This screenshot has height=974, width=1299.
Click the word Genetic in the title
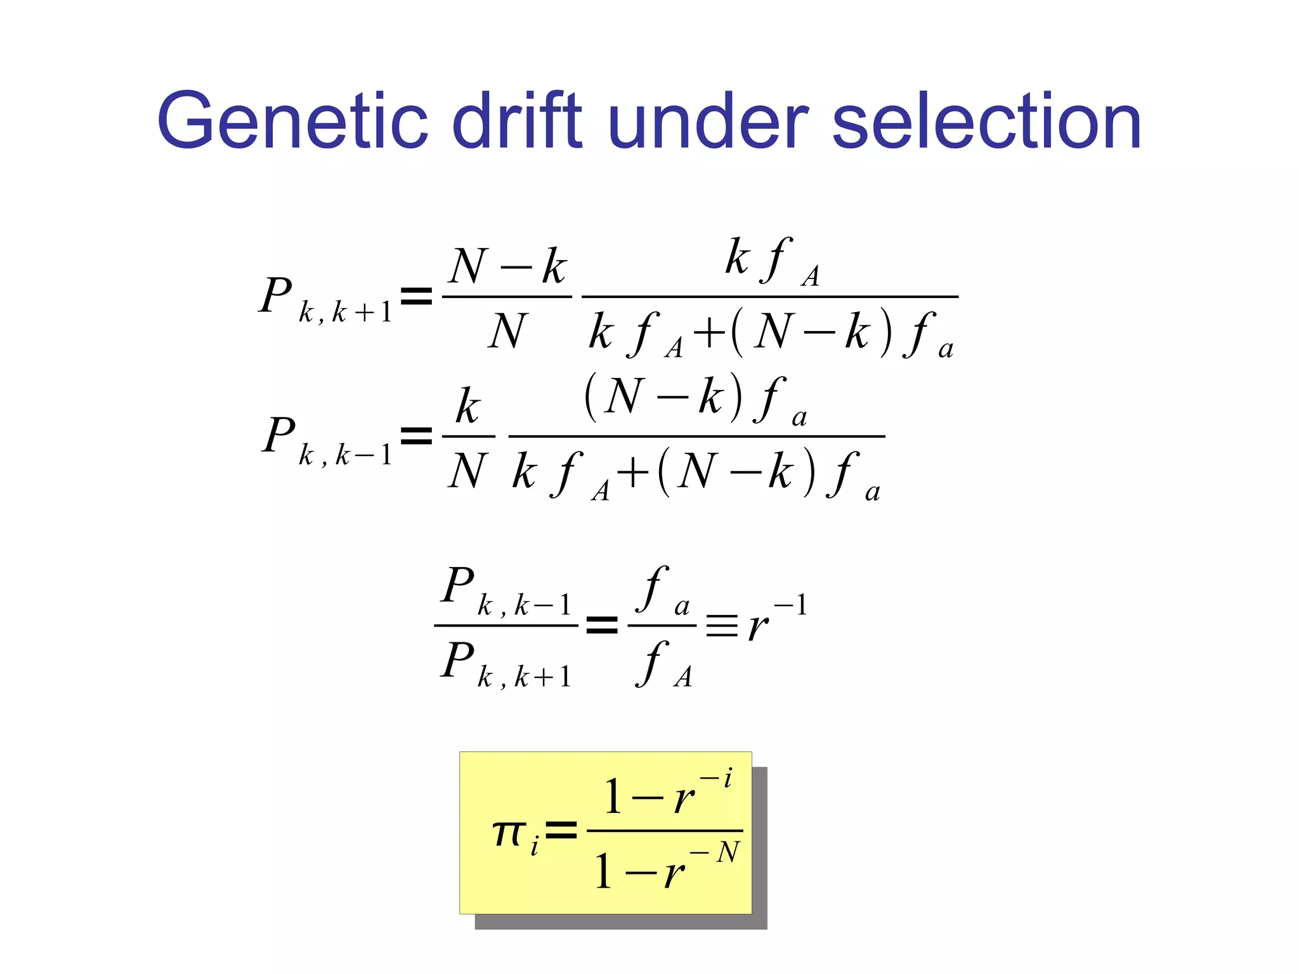pyautogui.click(x=292, y=120)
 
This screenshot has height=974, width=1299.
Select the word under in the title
pyautogui.click(x=708, y=120)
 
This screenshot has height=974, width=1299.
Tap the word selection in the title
pyautogui.click(x=986, y=120)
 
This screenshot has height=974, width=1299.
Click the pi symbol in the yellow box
pyautogui.click(x=509, y=832)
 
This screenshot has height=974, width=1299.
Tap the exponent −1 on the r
pyautogui.click(x=791, y=605)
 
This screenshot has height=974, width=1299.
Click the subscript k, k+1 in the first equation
pyautogui.click(x=346, y=313)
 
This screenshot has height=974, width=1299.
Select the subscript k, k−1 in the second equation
pyautogui.click(x=346, y=455)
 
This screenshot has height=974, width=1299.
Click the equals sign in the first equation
pyautogui.click(x=417, y=296)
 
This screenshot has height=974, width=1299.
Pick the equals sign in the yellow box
pyautogui.click(x=561, y=830)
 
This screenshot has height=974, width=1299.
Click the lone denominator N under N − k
pyautogui.click(x=507, y=331)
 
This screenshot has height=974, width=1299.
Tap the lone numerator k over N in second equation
pyautogui.click(x=468, y=406)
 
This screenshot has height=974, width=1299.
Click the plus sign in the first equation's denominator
pyautogui.click(x=709, y=332)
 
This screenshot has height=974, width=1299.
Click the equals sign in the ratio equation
pyautogui.click(x=601, y=625)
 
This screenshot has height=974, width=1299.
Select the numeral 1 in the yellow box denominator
pyautogui.click(x=603, y=871)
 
